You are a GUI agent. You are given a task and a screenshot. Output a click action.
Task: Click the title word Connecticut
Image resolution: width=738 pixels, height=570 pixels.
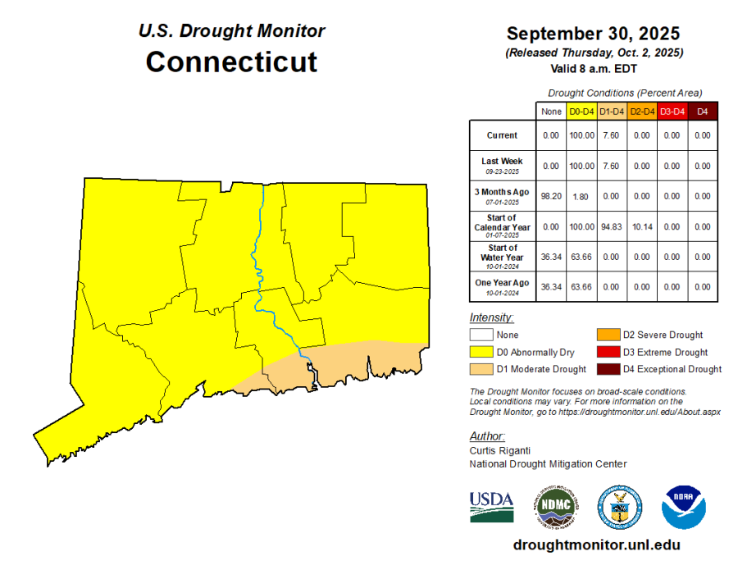click(x=231, y=63)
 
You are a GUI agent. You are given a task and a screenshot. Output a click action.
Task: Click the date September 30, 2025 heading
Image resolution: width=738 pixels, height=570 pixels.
click(x=593, y=34)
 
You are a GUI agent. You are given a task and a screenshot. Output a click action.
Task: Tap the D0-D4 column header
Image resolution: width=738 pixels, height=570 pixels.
click(x=581, y=112)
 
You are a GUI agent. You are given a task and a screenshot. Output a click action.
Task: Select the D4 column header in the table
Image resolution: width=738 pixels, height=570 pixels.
click(x=702, y=112)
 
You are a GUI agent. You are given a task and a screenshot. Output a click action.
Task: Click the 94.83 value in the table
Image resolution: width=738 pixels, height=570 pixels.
click(x=611, y=226)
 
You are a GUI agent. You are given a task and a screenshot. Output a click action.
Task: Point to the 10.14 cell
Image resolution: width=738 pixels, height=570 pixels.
click(x=641, y=226)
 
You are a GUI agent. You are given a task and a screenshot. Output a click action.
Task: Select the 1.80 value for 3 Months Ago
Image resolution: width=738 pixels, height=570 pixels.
click(x=581, y=196)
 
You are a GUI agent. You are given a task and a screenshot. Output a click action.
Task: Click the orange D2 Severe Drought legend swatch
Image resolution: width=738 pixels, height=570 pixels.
click(x=606, y=335)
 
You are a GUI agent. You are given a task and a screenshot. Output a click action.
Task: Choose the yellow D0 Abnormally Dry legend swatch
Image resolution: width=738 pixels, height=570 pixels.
click(x=481, y=352)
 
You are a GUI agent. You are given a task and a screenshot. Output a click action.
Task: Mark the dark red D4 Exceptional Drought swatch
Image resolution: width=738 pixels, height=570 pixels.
click(x=606, y=369)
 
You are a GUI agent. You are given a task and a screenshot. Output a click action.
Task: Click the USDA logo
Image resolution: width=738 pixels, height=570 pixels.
click(x=491, y=507)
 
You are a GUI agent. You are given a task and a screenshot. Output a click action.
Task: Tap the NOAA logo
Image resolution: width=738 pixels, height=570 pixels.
click(x=684, y=507)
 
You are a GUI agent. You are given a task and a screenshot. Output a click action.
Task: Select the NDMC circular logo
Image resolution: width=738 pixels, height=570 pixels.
click(x=555, y=507)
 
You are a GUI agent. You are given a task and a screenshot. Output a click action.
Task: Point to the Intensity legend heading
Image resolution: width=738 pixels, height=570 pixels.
click(x=491, y=317)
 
